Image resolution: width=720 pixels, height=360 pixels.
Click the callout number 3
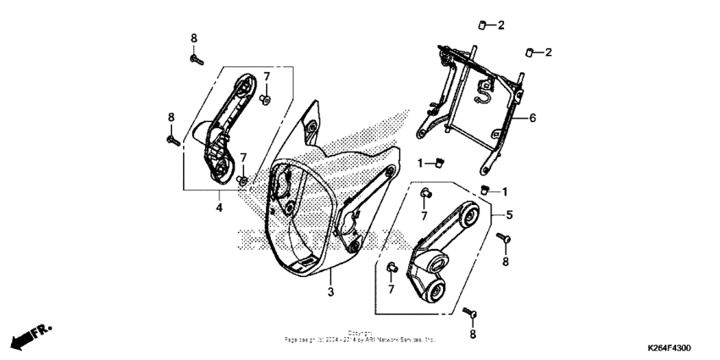tap(331, 292)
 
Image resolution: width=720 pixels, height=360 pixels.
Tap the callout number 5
tap(510, 215)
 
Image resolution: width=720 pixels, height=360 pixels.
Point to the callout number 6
tap(533, 119)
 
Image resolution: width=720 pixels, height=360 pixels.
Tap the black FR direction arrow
tap(27, 336)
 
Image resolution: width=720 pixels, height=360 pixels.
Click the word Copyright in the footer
tap(359, 333)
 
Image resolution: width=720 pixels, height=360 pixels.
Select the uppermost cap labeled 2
tap(479, 25)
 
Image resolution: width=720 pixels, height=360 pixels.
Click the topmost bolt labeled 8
tap(194, 58)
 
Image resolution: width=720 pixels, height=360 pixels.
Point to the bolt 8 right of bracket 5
tap(501, 240)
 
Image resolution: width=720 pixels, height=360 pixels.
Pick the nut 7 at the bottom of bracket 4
tap(242, 180)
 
